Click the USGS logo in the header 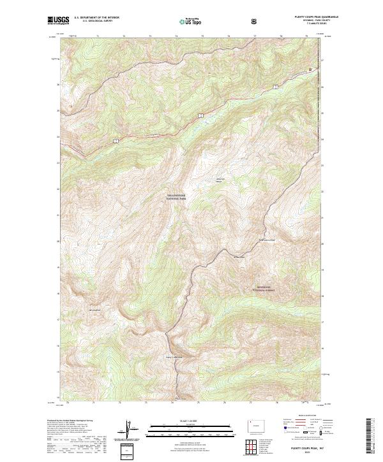tap(59, 21)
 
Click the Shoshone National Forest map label tap(269, 288)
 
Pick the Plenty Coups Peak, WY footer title tap(300, 449)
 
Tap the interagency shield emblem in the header tap(256, 21)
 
